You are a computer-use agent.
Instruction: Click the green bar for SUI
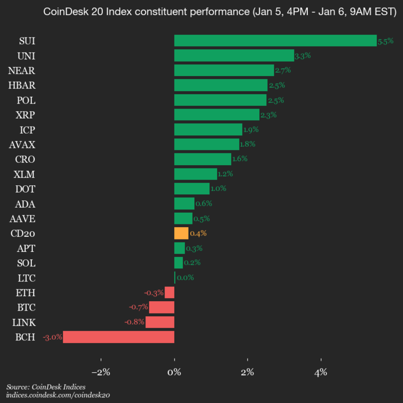275,41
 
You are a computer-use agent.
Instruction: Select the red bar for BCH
119,337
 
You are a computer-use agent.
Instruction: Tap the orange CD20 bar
181,233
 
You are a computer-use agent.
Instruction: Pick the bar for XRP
217,115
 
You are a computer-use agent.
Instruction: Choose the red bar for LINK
160,322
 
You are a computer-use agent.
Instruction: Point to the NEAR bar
224,71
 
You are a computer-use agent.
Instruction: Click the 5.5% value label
386,41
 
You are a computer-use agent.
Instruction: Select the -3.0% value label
53,337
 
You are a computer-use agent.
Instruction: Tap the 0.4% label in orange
198,233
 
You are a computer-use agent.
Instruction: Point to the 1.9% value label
250,130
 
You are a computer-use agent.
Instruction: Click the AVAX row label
22,144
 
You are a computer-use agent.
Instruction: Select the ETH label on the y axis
25,292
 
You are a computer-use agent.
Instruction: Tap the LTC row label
25,278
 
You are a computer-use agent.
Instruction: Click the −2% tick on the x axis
101,372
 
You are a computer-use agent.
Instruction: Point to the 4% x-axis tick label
321,372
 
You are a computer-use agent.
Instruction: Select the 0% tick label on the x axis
174,372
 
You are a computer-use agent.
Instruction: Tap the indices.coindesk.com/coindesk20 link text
58,395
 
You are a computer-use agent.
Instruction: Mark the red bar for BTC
161,307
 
